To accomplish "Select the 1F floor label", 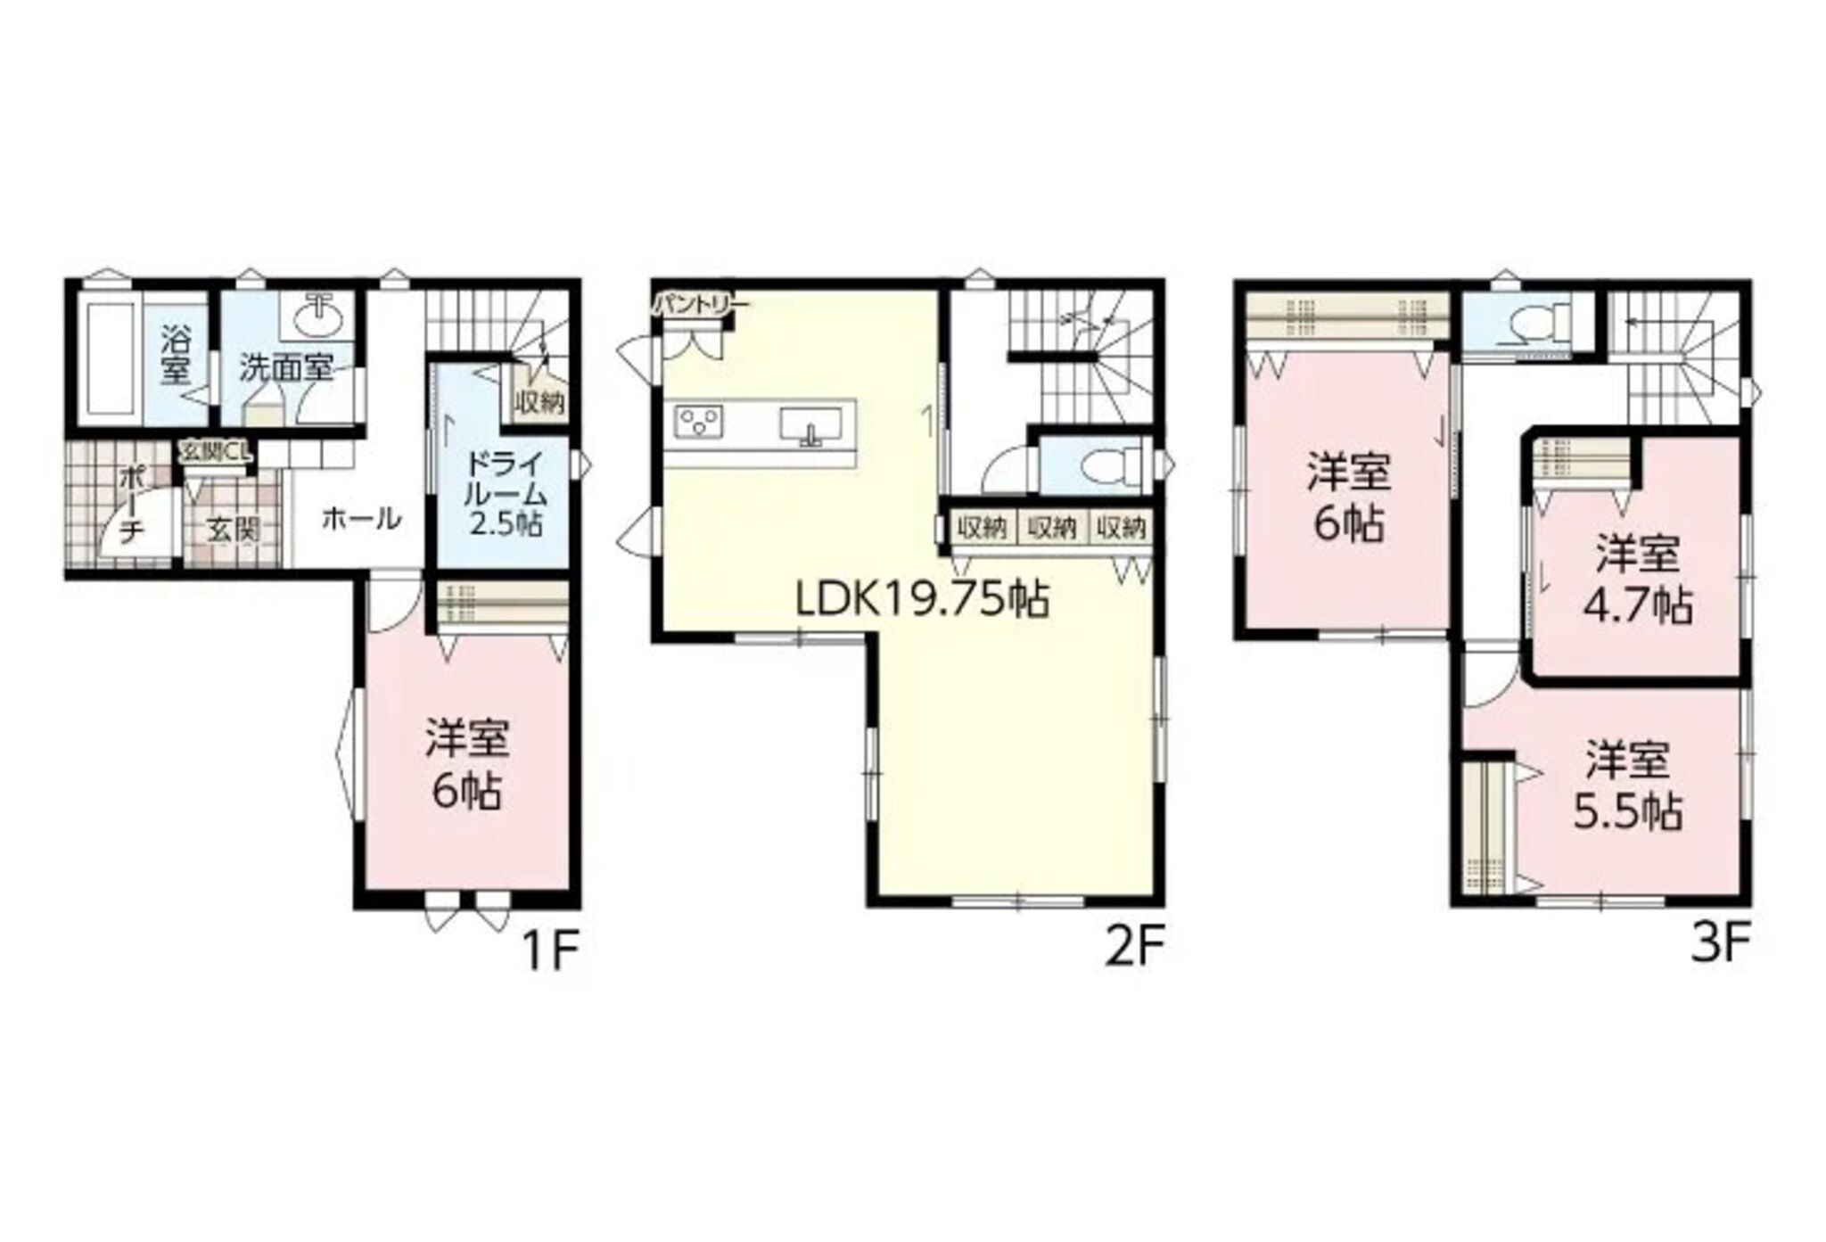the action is (x=551, y=951).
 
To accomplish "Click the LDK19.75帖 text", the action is (x=922, y=600).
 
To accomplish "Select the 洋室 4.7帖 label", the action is (x=1638, y=580).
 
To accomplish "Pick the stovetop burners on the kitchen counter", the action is (x=699, y=421).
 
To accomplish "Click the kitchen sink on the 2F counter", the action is (x=810, y=424).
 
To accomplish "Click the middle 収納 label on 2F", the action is (x=1052, y=528).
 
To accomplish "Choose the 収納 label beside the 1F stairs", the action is (x=539, y=403).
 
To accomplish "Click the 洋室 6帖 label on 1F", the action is (x=467, y=763).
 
